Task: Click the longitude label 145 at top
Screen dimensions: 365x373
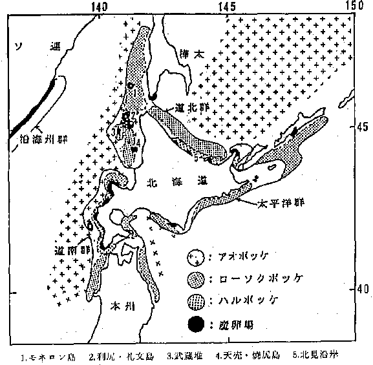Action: [226, 5]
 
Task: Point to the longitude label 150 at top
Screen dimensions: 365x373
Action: [354, 5]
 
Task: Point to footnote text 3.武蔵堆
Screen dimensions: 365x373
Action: [187, 354]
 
